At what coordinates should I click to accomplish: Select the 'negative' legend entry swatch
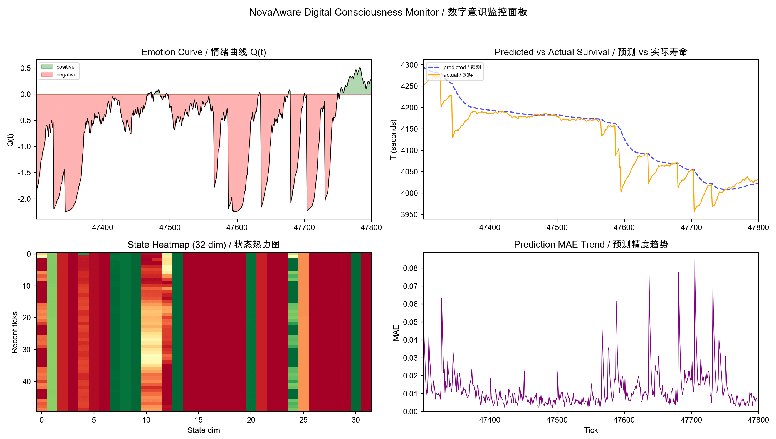point(46,74)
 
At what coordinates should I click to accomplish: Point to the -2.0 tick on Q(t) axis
point(25,199)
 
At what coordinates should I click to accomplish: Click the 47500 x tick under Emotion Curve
point(170,227)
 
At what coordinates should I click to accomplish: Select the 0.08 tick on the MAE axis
point(410,268)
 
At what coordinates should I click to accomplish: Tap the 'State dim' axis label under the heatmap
point(203,430)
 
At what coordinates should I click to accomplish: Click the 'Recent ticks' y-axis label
point(14,332)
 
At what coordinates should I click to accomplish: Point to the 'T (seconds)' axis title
point(393,139)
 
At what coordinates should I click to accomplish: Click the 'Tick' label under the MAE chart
point(590,430)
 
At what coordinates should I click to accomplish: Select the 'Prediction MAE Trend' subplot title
point(590,244)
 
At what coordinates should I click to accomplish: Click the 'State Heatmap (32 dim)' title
point(203,245)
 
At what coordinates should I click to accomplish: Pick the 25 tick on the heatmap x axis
point(303,420)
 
